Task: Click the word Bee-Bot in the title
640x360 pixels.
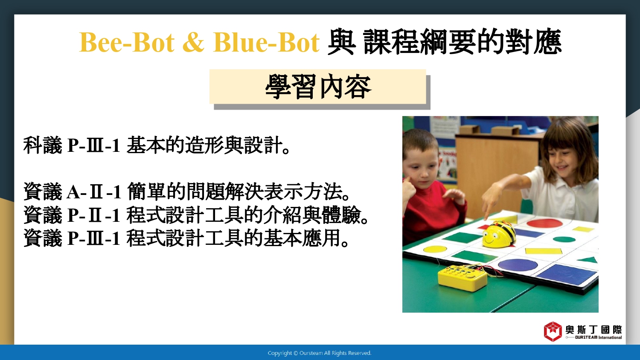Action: (x=127, y=43)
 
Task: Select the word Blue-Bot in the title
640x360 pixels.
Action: (x=266, y=43)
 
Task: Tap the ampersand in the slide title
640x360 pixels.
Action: (x=194, y=43)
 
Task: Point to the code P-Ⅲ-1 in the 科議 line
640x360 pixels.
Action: (x=94, y=145)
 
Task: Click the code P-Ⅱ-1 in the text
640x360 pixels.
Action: (x=94, y=215)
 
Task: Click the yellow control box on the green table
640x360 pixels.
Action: (x=463, y=277)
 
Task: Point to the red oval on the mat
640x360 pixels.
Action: (x=544, y=223)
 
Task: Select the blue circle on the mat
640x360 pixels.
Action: (x=518, y=264)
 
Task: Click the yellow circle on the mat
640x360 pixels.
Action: (x=435, y=249)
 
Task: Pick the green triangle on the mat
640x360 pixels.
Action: (x=589, y=260)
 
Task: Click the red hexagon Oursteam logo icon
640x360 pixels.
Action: (x=553, y=331)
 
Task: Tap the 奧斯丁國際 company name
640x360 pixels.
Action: (x=594, y=330)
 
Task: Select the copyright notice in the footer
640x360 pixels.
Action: (x=320, y=353)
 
